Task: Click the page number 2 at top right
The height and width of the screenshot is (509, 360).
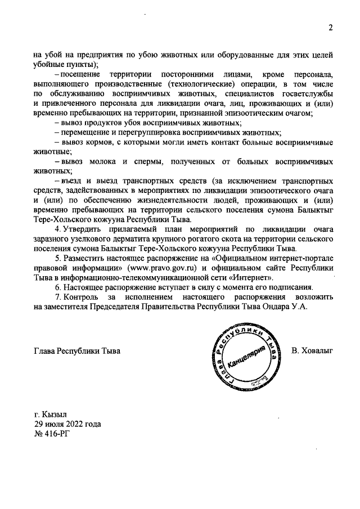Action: [x=331, y=28]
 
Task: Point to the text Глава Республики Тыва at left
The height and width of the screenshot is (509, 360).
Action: [x=77, y=351]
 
